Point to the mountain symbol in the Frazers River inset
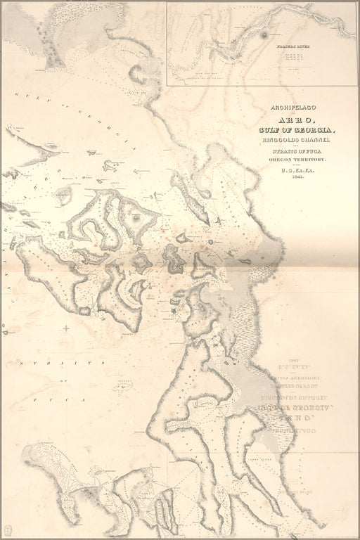[x=264, y=34]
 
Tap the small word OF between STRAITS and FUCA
[x=61, y=380]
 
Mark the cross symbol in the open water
[x=66, y=328]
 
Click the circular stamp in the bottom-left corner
[x=8, y=527]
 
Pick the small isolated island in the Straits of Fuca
[x=123, y=385]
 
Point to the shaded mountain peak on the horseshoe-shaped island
[x=134, y=219]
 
